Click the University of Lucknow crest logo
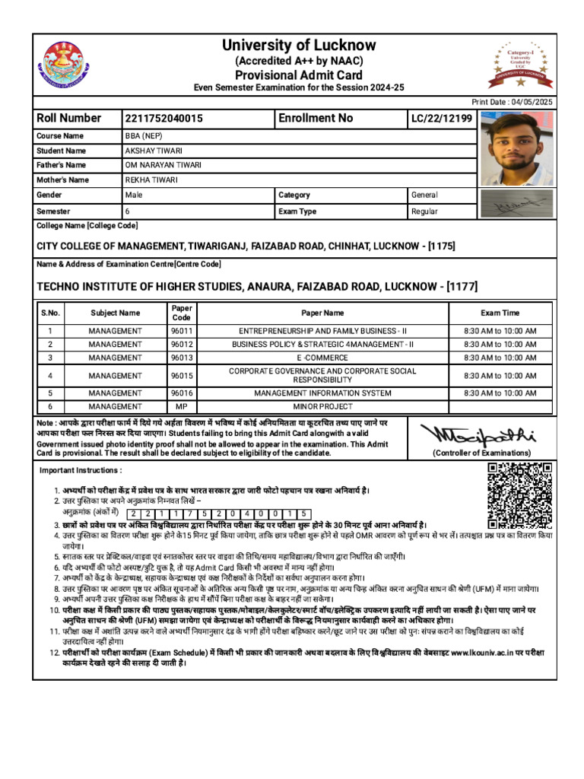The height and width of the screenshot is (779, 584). [66, 64]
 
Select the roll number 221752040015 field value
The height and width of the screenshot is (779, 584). [164, 119]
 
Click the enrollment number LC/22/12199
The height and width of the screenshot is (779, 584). [442, 119]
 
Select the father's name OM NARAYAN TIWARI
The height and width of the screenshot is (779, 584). [163, 165]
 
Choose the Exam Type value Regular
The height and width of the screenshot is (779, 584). [424, 211]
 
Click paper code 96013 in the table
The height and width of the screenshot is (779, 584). [181, 358]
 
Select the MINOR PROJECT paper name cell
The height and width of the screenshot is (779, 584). [323, 407]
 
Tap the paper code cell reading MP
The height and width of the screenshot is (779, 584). [181, 407]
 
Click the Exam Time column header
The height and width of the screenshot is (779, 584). [500, 313]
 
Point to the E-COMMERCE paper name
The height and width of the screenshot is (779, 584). [323, 358]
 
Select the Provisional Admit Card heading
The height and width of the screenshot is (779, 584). [298, 75]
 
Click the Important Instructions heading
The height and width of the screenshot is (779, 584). [81, 471]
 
